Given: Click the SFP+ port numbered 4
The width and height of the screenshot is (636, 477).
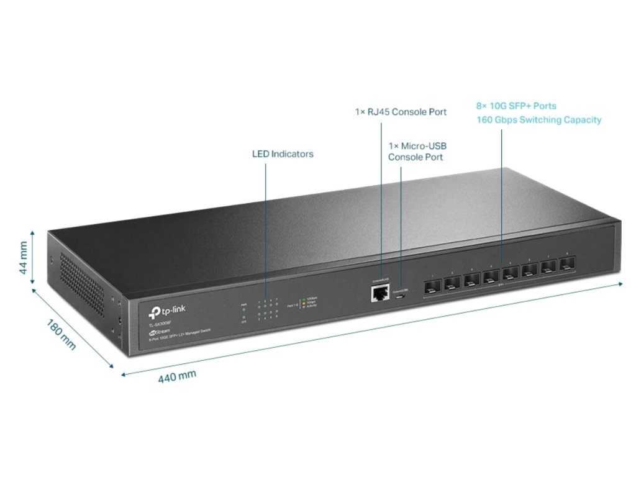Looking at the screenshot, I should [491, 277].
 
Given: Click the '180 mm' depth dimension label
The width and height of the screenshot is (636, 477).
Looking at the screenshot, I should [61, 335].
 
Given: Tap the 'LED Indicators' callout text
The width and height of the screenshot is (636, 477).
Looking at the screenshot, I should [283, 153].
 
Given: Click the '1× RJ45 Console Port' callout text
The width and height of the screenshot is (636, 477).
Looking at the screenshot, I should [401, 112].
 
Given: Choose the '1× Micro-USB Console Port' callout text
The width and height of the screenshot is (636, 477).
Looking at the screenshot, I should [417, 152].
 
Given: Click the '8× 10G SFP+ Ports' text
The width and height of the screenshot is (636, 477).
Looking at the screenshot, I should [516, 106].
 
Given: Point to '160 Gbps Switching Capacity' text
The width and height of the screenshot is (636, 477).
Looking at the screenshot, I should [538, 120].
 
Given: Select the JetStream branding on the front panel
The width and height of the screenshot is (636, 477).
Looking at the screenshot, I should [160, 332].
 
